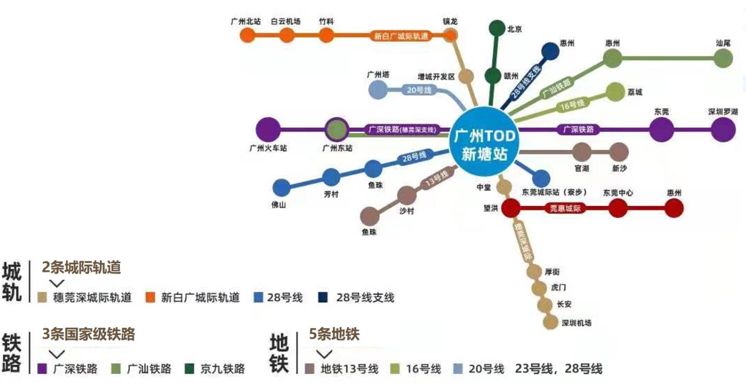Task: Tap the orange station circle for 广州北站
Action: (x=247, y=35)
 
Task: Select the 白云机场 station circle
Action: (x=287, y=35)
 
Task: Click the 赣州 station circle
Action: (x=493, y=76)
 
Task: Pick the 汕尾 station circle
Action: (x=723, y=58)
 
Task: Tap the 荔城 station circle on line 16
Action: (x=615, y=92)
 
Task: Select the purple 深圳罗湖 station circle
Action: (x=723, y=129)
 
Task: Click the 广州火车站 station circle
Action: (x=268, y=129)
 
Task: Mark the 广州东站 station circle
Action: (x=337, y=129)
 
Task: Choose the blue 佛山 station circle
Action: (x=281, y=188)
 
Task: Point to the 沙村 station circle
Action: (x=407, y=196)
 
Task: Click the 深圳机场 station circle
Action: (x=550, y=322)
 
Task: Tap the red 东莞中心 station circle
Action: (x=618, y=208)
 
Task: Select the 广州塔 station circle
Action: (x=378, y=90)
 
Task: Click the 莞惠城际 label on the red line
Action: (x=565, y=208)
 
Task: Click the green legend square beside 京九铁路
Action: (x=190, y=369)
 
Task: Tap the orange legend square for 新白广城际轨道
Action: (x=151, y=298)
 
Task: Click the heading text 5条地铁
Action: (x=334, y=334)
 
